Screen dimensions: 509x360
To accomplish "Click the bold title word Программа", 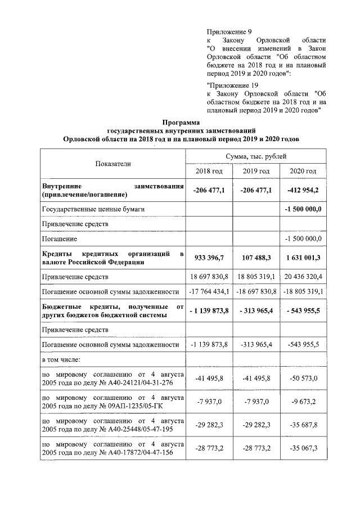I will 180,122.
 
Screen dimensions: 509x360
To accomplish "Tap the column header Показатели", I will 112,163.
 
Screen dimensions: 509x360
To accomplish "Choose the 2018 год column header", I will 209,171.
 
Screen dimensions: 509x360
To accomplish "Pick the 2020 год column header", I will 303,171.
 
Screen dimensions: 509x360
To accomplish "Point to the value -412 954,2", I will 303,190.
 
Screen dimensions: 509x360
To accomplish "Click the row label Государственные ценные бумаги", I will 93,209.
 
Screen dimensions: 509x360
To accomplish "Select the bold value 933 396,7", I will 209,258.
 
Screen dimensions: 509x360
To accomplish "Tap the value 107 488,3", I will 256,258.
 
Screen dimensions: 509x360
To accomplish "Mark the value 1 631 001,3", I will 303,258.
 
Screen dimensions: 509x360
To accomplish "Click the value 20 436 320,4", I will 303,277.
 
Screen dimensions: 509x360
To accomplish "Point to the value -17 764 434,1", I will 209,291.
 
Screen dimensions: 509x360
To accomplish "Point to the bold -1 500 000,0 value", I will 303,209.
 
